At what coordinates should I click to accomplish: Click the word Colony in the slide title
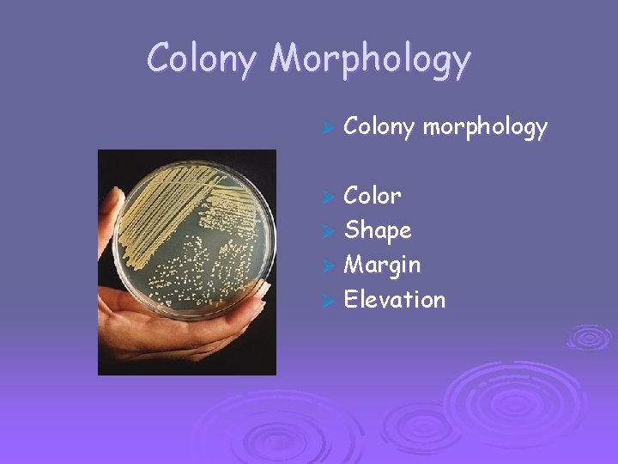click(201, 59)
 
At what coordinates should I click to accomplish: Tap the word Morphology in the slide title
click(370, 59)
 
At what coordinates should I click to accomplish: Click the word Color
click(372, 196)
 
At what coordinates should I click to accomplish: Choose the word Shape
click(377, 230)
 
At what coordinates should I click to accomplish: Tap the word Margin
click(382, 266)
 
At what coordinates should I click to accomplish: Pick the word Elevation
click(394, 300)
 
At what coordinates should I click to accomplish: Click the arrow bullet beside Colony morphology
click(325, 129)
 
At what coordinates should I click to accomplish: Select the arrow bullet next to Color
click(325, 197)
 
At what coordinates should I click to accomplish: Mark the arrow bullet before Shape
click(325, 231)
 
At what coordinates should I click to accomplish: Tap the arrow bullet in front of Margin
click(325, 266)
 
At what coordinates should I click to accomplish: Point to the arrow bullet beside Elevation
click(325, 301)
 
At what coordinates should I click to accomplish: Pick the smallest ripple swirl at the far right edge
click(590, 336)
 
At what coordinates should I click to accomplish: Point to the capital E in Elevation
click(350, 300)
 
